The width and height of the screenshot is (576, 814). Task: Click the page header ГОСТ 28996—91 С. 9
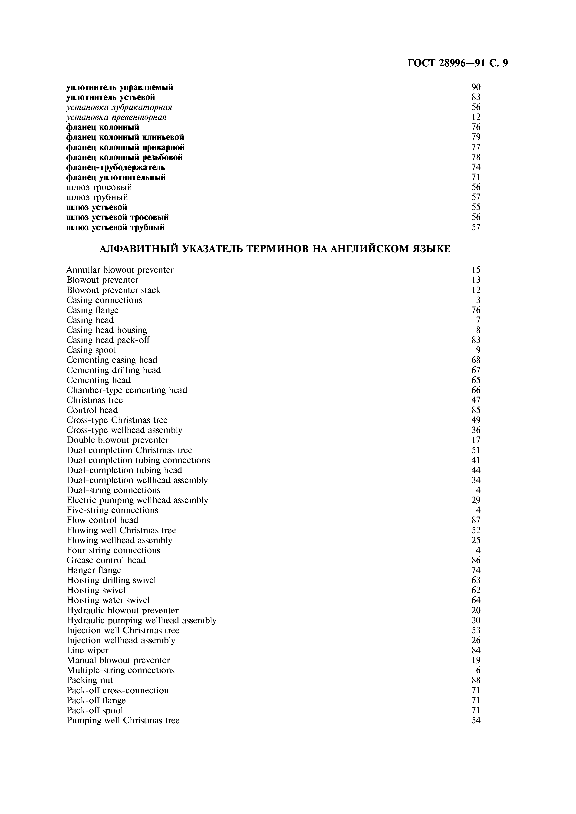(458, 63)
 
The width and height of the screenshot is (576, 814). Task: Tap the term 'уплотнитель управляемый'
(120, 87)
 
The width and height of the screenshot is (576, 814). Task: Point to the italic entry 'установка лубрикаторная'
(119, 107)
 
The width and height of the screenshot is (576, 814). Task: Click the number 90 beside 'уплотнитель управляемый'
(476, 87)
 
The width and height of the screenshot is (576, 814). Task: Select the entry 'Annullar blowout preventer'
(120, 270)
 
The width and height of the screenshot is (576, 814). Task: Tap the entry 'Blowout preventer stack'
(113, 290)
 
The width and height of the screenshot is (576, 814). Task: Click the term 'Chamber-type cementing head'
(127, 390)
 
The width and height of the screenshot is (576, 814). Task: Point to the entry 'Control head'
(92, 410)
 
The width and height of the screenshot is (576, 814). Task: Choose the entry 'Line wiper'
(87, 650)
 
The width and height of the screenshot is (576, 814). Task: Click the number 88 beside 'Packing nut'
(476, 680)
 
